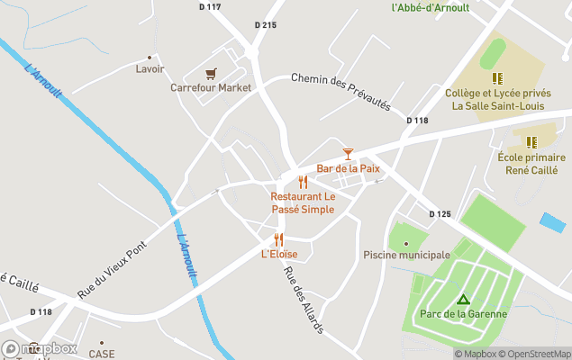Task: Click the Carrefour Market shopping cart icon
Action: [211, 74]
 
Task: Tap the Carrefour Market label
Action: [211, 88]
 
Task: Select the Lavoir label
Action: [150, 68]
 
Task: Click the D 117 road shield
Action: [210, 7]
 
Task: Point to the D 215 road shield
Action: [265, 25]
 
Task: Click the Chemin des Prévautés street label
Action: [340, 91]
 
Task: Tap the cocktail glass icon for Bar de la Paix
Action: [348, 155]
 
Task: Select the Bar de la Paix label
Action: [348, 168]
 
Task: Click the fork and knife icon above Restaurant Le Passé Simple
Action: [303, 182]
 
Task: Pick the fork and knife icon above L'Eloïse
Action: [278, 239]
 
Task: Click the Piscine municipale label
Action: [406, 256]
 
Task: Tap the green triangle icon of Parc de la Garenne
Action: [463, 299]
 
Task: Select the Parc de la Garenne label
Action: [463, 314]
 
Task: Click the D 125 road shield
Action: [440, 213]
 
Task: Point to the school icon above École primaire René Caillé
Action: [531, 142]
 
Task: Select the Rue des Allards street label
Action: [304, 301]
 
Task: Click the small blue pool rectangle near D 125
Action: [552, 222]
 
